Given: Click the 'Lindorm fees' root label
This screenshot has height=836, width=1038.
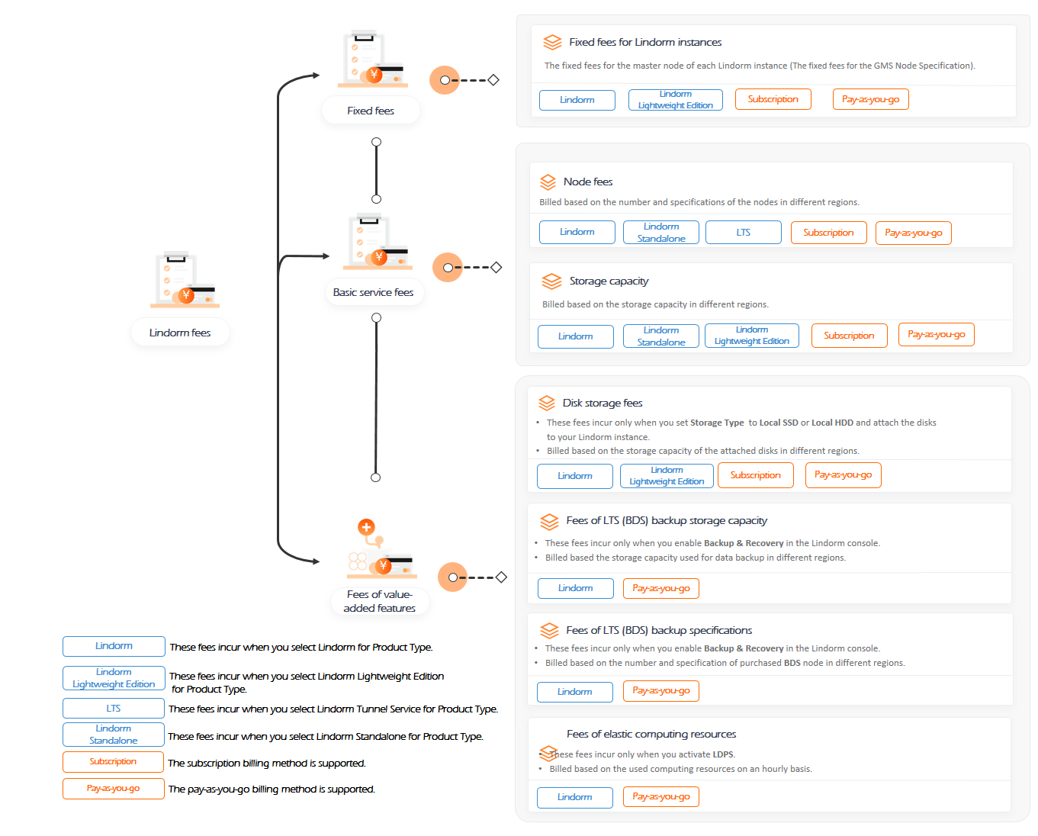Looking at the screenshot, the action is pyautogui.click(x=179, y=333).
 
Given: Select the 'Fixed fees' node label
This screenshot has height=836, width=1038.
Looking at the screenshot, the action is pyautogui.click(x=371, y=111).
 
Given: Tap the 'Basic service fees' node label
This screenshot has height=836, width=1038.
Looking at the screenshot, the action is pyautogui.click(x=373, y=292).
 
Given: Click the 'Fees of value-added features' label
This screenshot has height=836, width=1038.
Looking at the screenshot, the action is pyautogui.click(x=379, y=601).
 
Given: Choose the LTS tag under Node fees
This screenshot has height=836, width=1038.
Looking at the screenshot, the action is pyautogui.click(x=744, y=233).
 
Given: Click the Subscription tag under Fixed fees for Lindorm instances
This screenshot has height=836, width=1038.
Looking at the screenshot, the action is pyautogui.click(x=773, y=99).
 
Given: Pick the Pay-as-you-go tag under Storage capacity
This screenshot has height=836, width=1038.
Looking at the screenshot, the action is pyautogui.click(x=937, y=334).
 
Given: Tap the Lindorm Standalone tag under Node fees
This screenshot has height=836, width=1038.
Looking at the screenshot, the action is pyautogui.click(x=660, y=233).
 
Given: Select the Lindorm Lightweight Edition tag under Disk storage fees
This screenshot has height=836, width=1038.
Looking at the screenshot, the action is pyautogui.click(x=667, y=476).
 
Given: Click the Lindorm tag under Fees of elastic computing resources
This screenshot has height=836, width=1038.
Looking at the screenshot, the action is pyautogui.click(x=574, y=797).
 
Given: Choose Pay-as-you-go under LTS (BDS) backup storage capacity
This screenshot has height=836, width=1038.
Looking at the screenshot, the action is pyautogui.click(x=660, y=588).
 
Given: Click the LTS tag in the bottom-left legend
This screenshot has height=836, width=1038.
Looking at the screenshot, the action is pyautogui.click(x=114, y=708).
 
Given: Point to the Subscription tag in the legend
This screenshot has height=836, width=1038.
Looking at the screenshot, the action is pyautogui.click(x=113, y=761).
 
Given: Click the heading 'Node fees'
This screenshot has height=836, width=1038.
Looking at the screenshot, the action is pyautogui.click(x=587, y=182).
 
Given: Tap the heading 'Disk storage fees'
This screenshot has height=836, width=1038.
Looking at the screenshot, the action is pyautogui.click(x=603, y=403).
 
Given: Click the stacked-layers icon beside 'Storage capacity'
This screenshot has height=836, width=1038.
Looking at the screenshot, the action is pyautogui.click(x=551, y=281).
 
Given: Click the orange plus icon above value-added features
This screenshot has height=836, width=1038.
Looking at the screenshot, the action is pyautogui.click(x=366, y=527).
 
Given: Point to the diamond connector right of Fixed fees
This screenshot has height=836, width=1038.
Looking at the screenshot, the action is pyautogui.click(x=493, y=80).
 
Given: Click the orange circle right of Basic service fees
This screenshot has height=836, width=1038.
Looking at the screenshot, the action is pyautogui.click(x=448, y=267).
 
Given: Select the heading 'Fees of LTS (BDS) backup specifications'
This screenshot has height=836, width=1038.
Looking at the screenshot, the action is pyautogui.click(x=659, y=630).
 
